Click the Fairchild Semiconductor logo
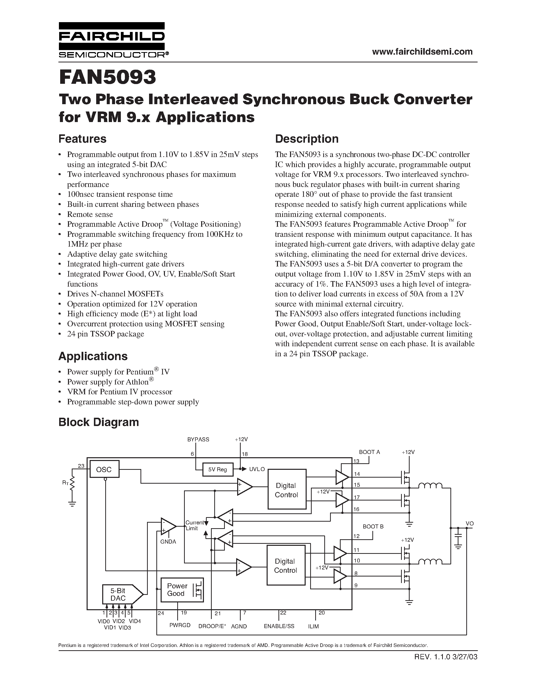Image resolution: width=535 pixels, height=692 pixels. click(112, 40)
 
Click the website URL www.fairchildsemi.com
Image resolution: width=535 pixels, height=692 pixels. click(422, 52)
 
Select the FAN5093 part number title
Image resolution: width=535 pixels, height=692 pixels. click(108, 77)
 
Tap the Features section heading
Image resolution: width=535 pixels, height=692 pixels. click(82, 139)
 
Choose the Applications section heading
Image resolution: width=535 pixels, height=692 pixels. click(93, 356)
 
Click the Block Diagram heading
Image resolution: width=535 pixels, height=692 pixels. click(99, 422)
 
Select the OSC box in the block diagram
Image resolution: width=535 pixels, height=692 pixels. click(104, 469)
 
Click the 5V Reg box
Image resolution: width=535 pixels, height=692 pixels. click(218, 469)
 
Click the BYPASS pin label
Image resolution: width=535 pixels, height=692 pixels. click(198, 439)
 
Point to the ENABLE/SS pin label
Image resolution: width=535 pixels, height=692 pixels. click(279, 626)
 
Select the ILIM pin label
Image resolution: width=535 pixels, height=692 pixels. click(313, 626)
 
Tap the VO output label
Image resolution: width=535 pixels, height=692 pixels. click(469, 523)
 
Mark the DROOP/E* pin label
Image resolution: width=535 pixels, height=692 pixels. click(212, 626)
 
